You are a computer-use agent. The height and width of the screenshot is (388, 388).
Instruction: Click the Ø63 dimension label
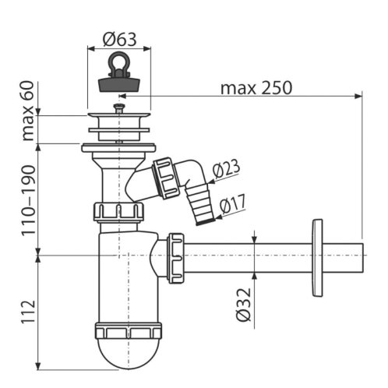119,40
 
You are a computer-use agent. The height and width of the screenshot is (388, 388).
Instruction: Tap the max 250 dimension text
256,88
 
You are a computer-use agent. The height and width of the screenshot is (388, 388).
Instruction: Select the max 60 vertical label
28,111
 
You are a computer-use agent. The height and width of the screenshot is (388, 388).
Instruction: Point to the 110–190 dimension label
28,201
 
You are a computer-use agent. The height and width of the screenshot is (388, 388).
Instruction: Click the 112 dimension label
28,312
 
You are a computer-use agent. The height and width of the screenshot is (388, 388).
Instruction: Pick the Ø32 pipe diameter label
244,304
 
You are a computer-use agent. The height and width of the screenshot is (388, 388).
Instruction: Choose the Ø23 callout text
226,168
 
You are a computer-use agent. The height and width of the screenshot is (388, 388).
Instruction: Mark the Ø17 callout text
232,204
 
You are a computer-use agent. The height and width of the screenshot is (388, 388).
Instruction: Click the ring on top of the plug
119,62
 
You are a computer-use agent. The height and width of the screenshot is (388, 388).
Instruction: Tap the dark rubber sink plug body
119,83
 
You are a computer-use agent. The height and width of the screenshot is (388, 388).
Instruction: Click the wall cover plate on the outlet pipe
317,258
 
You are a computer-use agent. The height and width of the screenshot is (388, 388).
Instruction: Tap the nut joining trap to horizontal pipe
176,258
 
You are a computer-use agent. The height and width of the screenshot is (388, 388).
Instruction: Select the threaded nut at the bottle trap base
129,330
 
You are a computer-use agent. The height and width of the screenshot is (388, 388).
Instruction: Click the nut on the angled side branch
166,178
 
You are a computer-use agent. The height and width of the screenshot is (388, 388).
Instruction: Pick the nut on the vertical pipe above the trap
118,212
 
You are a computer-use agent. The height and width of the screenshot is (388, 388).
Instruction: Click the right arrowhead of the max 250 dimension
358,97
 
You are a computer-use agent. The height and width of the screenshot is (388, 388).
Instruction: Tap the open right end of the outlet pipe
362,258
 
